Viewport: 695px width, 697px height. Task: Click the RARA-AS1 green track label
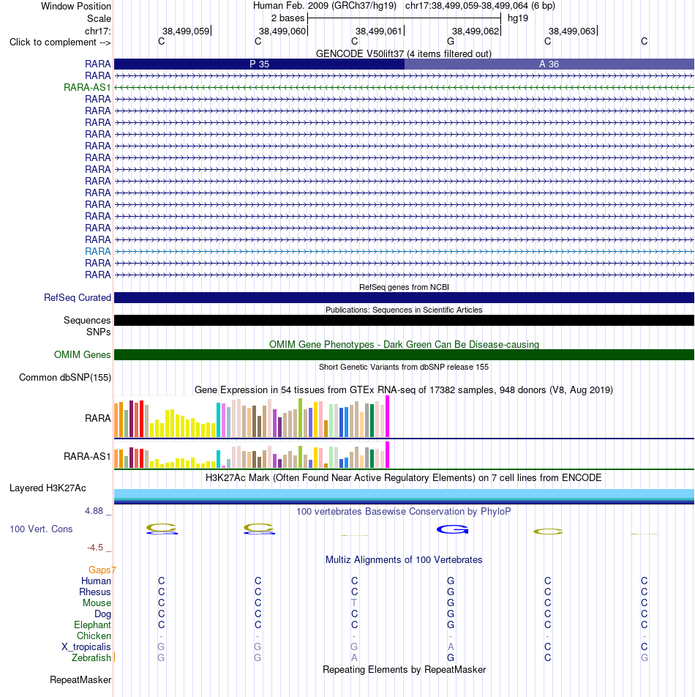click(x=87, y=88)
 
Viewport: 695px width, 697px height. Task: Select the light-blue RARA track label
click(x=98, y=252)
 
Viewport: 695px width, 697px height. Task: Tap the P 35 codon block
click(x=260, y=64)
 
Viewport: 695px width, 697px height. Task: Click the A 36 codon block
click(x=549, y=64)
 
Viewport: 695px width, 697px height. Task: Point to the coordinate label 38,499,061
click(x=378, y=31)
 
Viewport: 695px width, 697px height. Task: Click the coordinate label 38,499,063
click(x=572, y=31)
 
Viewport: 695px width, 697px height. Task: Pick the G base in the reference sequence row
click(x=451, y=41)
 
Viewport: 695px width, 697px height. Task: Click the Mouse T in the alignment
click(x=354, y=603)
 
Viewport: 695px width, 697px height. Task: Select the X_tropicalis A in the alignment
click(x=451, y=646)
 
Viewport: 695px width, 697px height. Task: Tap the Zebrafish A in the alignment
click(x=354, y=658)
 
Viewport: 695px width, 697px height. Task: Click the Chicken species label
click(x=94, y=636)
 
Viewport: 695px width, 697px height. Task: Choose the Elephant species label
click(x=92, y=625)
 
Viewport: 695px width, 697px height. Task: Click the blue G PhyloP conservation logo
click(x=453, y=529)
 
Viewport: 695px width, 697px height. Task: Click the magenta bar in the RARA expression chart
click(x=387, y=417)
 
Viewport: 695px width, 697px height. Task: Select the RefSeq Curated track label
click(x=78, y=298)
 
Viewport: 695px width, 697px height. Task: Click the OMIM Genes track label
click(x=82, y=354)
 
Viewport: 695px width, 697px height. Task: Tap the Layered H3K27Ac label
click(x=48, y=488)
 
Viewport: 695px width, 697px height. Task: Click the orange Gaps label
click(x=102, y=570)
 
